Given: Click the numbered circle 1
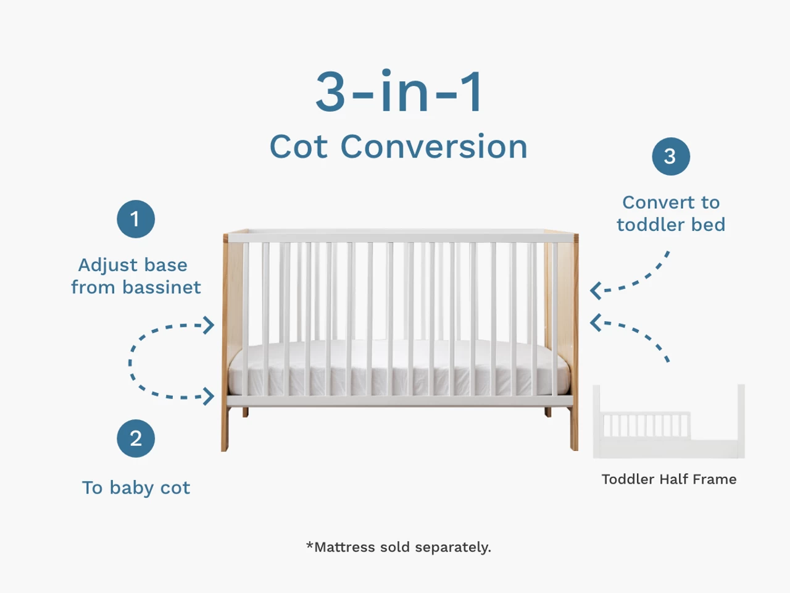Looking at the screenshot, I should pos(135,219).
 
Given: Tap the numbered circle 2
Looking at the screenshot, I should pos(136,439).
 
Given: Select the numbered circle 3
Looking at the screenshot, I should pos(670,156).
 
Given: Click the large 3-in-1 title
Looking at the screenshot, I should pos(399,92).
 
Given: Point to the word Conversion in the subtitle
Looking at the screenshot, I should pos(434,147).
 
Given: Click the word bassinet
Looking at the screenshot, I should pos(161,287).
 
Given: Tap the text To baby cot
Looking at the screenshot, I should pos(136,487).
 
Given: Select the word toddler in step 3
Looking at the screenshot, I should pos(651,224).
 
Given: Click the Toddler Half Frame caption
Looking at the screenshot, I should pos(669,479).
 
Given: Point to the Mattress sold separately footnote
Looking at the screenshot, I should pos(399,547).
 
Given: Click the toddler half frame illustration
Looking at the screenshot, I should pos(668,423).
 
